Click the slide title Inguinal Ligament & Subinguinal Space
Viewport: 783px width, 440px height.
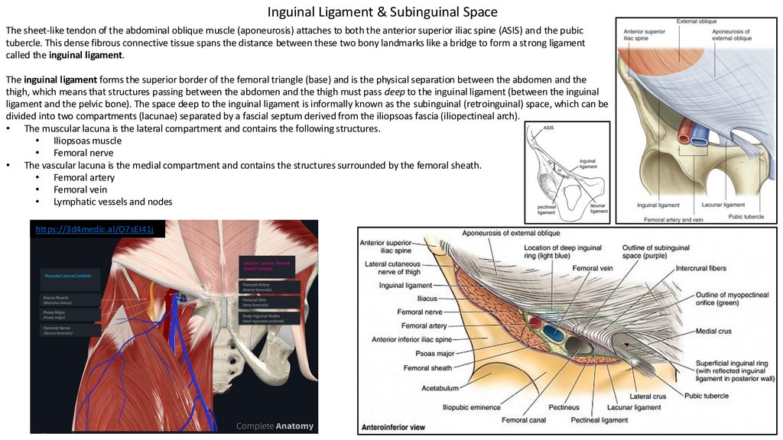(382, 12)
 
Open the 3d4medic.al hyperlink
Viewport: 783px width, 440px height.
(96, 228)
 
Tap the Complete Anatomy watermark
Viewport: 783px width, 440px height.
(275, 425)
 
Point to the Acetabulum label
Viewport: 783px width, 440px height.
(440, 387)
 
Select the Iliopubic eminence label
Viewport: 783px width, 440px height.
(471, 406)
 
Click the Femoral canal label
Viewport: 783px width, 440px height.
(524, 419)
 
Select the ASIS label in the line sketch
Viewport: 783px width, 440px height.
(548, 128)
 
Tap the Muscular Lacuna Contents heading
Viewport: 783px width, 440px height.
(68, 276)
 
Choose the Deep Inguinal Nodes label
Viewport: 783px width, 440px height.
(261, 315)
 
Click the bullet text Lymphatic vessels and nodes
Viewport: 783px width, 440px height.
(112, 202)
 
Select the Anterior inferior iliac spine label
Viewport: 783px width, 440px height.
(412, 339)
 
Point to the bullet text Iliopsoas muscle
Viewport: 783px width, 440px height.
(87, 141)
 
